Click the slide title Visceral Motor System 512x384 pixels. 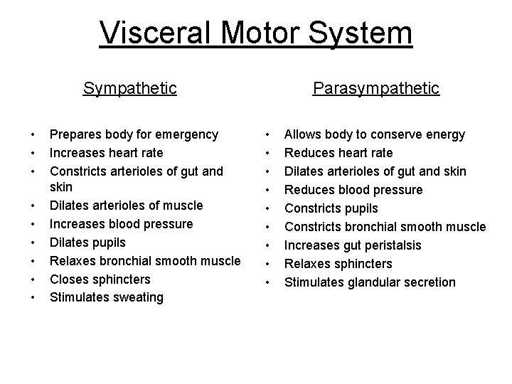256,34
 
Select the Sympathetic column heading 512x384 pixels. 129,88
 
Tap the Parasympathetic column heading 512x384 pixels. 376,88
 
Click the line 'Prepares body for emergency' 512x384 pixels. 134,134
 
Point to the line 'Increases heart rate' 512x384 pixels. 106,153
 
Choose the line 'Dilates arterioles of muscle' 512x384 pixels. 126,206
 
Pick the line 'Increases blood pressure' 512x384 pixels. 121,224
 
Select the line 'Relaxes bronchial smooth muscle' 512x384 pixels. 145,261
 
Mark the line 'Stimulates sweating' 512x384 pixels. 106,297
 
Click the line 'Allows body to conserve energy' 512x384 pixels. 375,134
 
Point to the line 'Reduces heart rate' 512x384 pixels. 338,153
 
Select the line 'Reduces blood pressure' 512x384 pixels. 353,190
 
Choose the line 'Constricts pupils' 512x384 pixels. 331,208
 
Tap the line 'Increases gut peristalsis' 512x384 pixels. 353,245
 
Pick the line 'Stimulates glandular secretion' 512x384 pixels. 370,282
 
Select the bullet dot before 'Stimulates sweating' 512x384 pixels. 33,297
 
